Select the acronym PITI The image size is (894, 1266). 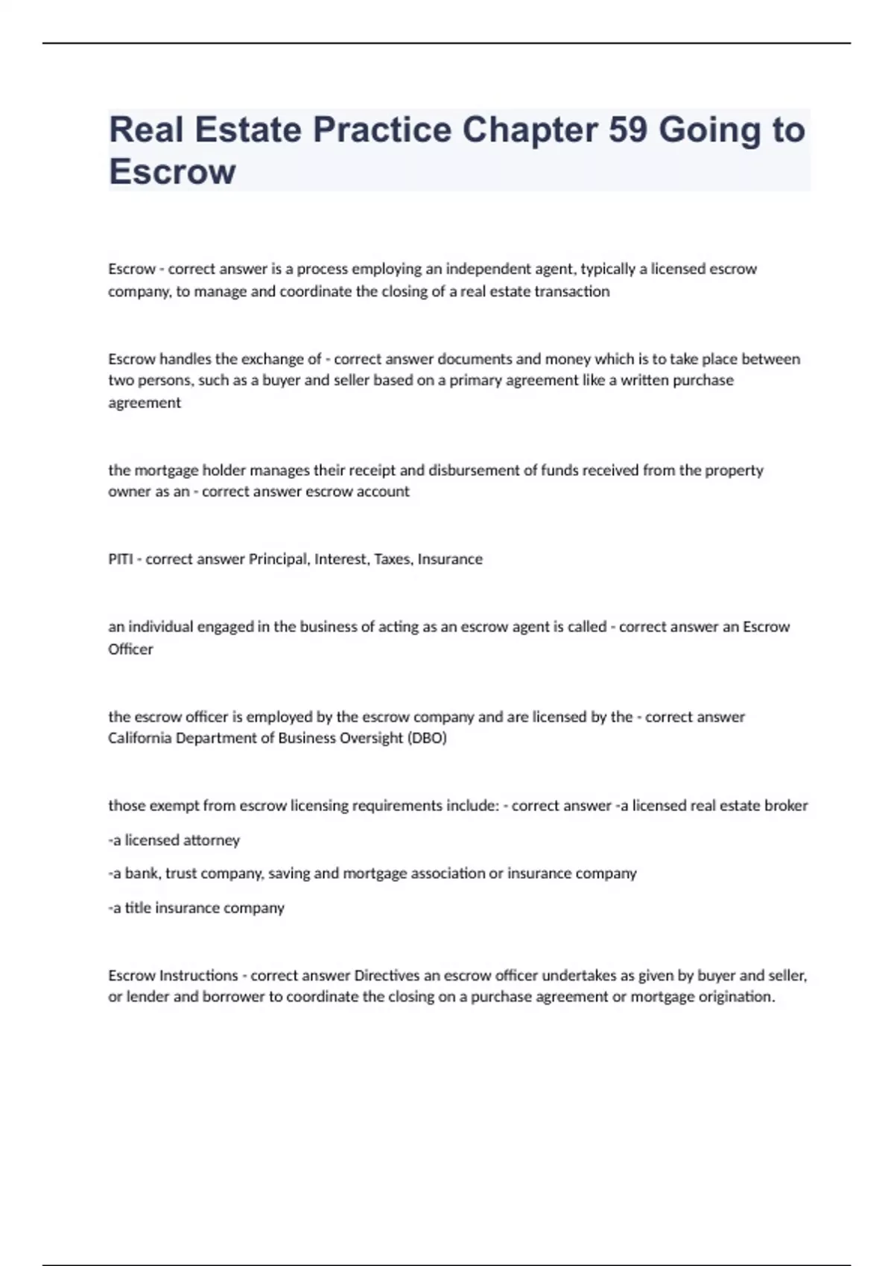pyautogui.click(x=120, y=559)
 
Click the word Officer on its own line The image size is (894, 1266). pyautogui.click(x=130, y=649)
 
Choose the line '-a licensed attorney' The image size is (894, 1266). pyautogui.click(x=174, y=840)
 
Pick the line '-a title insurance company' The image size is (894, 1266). pyautogui.click(x=197, y=908)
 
